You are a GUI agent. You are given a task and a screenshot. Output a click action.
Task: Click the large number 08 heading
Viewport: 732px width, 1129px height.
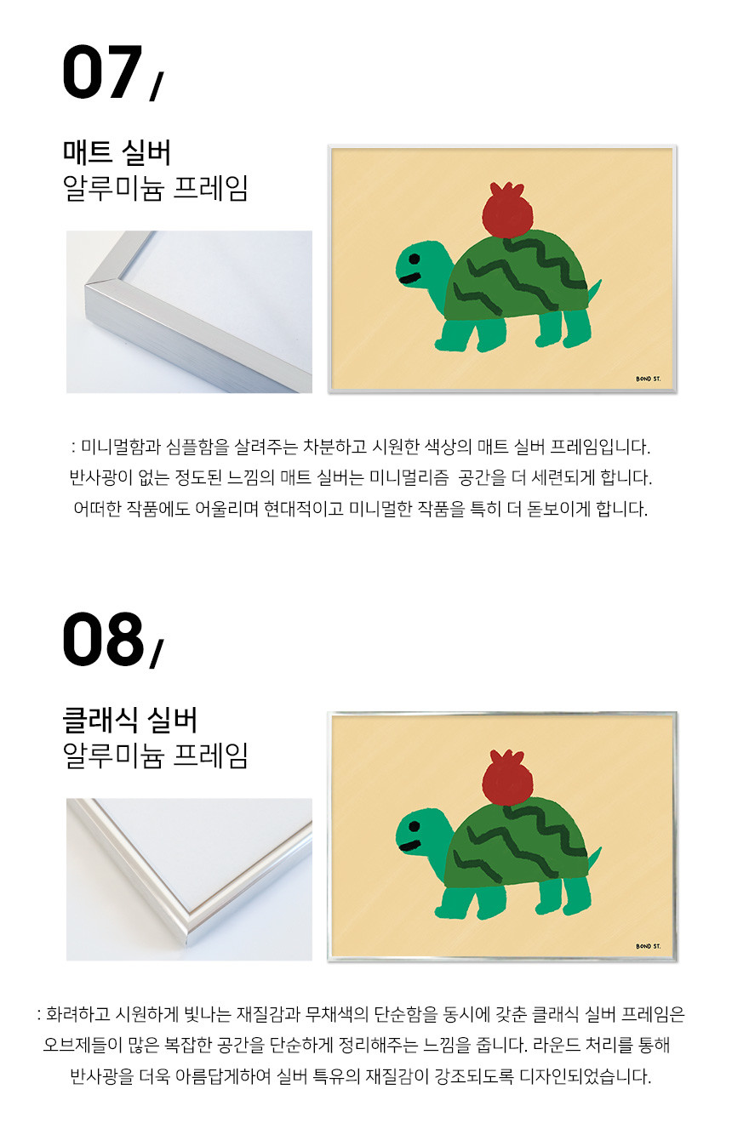pyautogui.click(x=102, y=639)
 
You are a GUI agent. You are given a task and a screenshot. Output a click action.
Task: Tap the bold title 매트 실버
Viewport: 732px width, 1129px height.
pyautogui.click(x=117, y=152)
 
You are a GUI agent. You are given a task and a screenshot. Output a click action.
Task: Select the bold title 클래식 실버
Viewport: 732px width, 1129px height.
pyautogui.click(x=129, y=720)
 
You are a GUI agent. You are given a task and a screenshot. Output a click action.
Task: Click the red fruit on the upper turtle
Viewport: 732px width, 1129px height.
pyautogui.click(x=507, y=210)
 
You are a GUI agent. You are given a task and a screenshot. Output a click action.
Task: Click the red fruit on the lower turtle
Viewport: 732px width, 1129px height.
pyautogui.click(x=507, y=778)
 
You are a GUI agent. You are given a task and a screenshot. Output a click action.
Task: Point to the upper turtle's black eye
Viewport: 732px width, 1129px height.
pyautogui.click(x=414, y=259)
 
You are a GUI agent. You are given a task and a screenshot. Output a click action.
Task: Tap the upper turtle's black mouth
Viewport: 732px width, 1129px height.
pyautogui.click(x=409, y=279)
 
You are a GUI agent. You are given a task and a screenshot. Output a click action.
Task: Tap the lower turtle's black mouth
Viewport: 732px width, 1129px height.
pyautogui.click(x=409, y=847)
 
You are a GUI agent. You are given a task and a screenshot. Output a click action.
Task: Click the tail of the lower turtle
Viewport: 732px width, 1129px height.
pyautogui.click(x=594, y=858)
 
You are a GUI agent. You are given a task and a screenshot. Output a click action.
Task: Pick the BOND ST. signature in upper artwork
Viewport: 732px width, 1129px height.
pyautogui.click(x=649, y=379)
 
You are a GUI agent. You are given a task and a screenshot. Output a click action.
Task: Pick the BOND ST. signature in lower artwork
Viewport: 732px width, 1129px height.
pyautogui.click(x=649, y=946)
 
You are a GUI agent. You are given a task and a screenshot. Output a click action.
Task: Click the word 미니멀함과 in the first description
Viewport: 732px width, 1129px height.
pyautogui.click(x=120, y=447)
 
